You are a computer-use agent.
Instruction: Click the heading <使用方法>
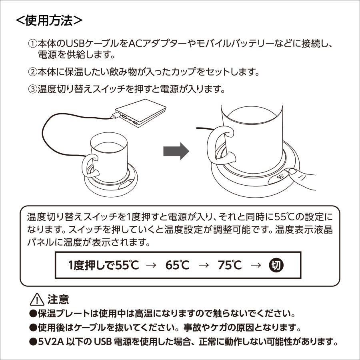(x=49, y=20)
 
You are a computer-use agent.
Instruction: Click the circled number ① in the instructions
(x=32, y=43)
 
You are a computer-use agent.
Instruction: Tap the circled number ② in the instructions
(x=32, y=72)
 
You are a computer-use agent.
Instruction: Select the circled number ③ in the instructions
(x=32, y=89)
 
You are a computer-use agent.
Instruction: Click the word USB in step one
(x=74, y=43)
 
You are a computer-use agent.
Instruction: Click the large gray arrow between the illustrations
(x=176, y=151)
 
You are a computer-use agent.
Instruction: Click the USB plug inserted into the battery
(x=116, y=116)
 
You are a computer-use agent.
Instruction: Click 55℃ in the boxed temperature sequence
(x=127, y=265)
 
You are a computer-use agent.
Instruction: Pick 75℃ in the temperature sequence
(x=230, y=265)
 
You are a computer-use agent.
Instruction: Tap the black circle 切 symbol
(x=275, y=265)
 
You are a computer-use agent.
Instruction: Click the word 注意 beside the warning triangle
(x=58, y=299)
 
